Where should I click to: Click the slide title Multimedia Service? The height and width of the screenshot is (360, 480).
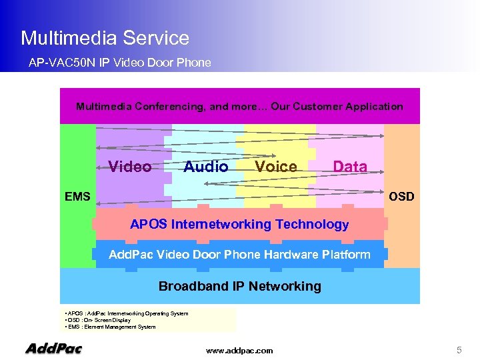[105, 38]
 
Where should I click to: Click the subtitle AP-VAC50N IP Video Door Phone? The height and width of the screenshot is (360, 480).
[119, 63]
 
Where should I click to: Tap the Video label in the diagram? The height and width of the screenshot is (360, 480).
[129, 167]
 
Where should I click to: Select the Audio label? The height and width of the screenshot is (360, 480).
[205, 167]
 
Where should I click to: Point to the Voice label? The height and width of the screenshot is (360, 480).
[276, 167]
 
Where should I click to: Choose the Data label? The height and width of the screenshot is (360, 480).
[350, 167]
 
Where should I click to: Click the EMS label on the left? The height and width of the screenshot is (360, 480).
[77, 196]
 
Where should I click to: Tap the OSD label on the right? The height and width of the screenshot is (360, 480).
[401, 196]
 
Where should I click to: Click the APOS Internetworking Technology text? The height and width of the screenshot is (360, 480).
[239, 224]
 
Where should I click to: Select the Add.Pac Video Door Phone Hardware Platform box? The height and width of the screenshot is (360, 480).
[239, 254]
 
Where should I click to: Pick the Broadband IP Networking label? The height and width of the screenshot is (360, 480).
[239, 286]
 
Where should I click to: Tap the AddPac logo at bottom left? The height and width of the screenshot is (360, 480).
[53, 348]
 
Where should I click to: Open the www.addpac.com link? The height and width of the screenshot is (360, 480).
[239, 350]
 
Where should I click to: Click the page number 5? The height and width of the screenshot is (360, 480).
[459, 349]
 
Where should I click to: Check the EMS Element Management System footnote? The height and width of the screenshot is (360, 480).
[111, 327]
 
